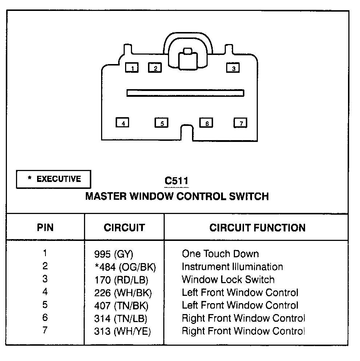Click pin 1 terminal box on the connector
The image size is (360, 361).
pos(132,68)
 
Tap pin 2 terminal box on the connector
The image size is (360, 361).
pos(155,68)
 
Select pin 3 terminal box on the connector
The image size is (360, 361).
pos(233,68)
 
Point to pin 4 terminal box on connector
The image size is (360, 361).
pos(123,123)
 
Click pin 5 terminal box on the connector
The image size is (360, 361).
pos(161,123)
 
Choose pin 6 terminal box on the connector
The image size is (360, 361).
pos(206,123)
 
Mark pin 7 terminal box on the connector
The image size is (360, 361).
pos(240,123)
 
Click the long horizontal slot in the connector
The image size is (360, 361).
pos(185,93)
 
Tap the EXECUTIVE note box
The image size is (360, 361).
pos(53,179)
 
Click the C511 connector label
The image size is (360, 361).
pos(177,181)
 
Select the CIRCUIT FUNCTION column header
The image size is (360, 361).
pos(257,228)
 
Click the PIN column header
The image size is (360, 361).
pos(45,227)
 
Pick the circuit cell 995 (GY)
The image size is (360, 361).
pos(113,254)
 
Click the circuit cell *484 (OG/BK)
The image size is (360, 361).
pos(125,267)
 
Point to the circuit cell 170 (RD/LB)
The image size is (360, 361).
pos(121,280)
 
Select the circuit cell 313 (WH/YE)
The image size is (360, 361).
pos(123,332)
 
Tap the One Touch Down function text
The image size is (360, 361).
pos(220,254)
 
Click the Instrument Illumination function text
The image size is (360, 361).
pos(232,267)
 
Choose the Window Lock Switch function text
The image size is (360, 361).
pos(228,279)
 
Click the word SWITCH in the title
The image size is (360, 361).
pos(249,197)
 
